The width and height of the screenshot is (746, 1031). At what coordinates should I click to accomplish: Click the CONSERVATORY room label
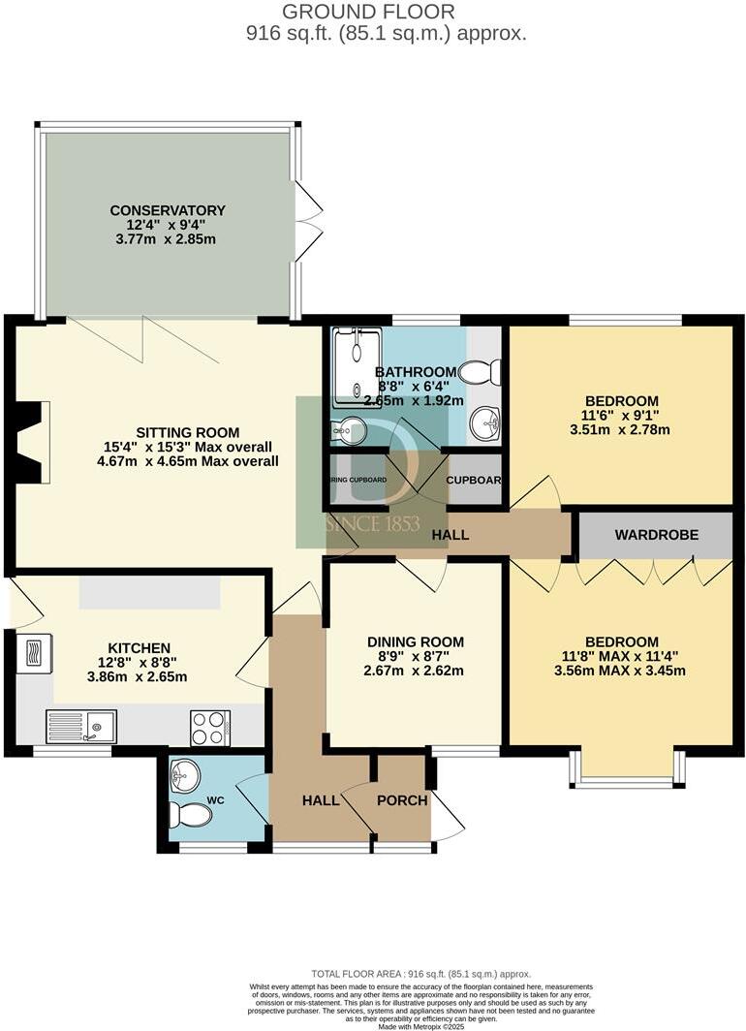click(167, 210)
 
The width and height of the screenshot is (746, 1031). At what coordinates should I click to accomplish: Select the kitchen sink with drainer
click(81, 726)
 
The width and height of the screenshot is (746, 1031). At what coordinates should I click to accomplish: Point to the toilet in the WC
click(190, 815)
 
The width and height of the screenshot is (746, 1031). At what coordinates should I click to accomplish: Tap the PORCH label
click(402, 800)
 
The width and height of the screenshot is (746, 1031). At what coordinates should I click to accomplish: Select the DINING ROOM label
click(415, 641)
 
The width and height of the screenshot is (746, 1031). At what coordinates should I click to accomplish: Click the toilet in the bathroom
click(482, 372)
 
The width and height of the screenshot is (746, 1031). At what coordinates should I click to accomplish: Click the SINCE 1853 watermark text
click(372, 524)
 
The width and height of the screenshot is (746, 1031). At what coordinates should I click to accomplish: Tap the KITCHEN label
click(139, 647)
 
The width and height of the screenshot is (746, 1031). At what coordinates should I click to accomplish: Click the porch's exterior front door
click(447, 816)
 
